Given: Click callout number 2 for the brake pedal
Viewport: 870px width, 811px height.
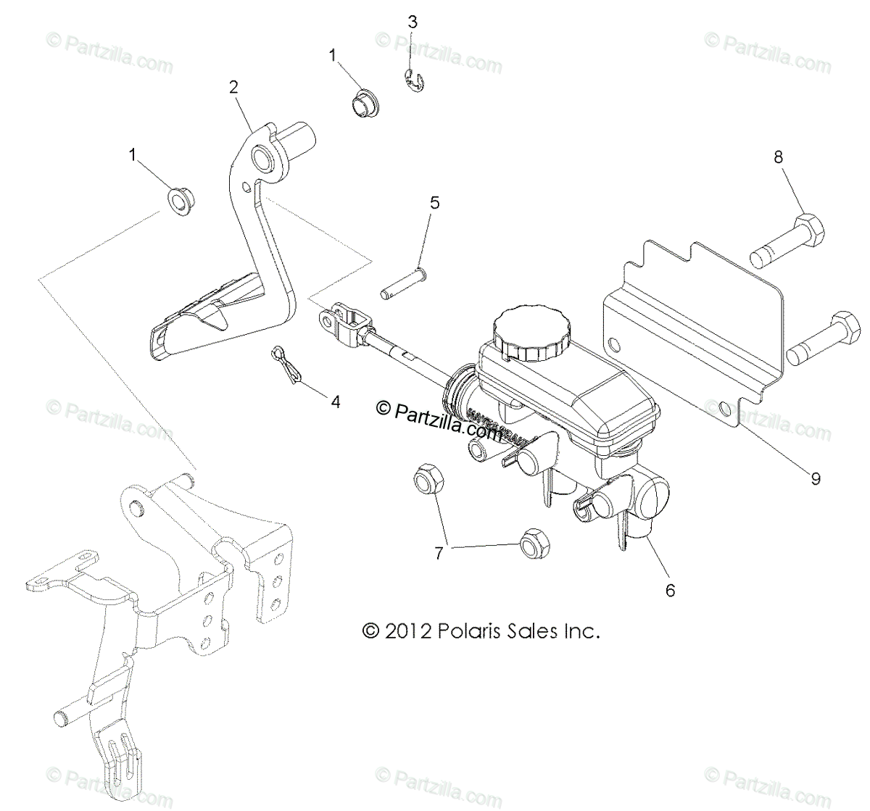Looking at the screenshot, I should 233,87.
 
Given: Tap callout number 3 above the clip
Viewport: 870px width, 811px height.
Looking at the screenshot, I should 413,22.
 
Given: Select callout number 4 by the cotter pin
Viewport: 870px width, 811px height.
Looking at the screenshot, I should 336,402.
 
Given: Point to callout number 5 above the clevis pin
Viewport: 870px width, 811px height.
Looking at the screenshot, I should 434,202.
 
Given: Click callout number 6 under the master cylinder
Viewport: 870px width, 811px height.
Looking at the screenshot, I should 670,590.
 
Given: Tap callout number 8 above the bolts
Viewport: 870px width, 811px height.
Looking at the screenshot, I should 779,157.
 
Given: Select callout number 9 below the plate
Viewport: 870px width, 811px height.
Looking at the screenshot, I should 815,478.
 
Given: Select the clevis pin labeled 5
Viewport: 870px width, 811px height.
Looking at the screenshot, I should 405,283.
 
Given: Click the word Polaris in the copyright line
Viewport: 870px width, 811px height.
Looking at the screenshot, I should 468,631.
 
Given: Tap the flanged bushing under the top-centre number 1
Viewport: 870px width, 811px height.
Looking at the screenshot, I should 363,101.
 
